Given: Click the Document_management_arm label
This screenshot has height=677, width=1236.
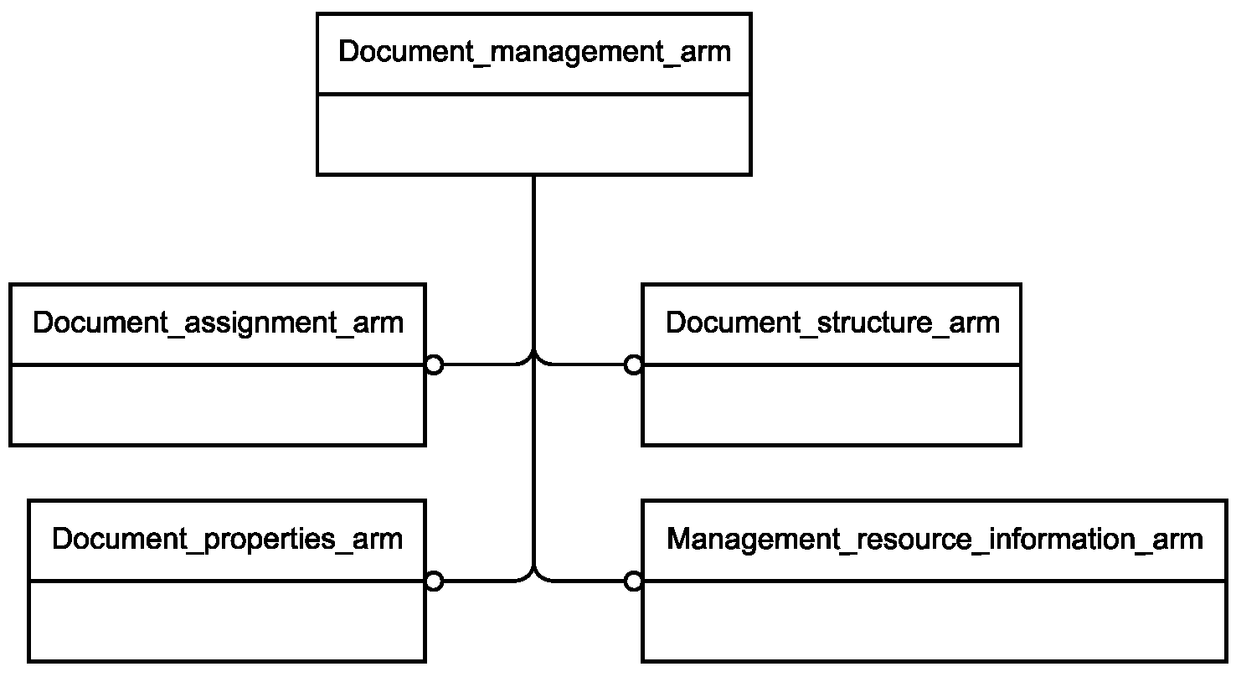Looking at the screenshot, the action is pyautogui.click(x=534, y=53).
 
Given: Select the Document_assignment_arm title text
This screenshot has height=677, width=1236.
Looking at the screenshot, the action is pyautogui.click(x=218, y=323).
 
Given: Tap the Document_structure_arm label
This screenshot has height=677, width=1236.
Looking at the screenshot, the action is pyautogui.click(x=832, y=323).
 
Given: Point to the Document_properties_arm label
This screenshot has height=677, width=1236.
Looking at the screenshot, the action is pyautogui.click(x=227, y=540).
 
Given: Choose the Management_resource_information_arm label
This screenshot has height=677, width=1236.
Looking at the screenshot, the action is pyautogui.click(x=935, y=540).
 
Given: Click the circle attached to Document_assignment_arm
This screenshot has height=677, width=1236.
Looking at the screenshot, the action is pyautogui.click(x=435, y=365).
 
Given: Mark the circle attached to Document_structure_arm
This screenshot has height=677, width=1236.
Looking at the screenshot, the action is pyautogui.click(x=633, y=365).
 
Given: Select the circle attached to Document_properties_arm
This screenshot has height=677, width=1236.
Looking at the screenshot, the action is pyautogui.click(x=435, y=581).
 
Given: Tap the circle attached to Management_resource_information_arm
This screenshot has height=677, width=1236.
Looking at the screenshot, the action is pyautogui.click(x=633, y=581).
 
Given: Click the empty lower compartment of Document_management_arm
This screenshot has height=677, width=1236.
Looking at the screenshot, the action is pyautogui.click(x=534, y=135).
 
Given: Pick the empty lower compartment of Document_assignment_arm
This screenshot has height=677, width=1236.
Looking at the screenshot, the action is pyautogui.click(x=218, y=405).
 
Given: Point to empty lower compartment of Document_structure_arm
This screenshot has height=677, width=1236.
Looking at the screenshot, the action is pyautogui.click(x=832, y=405).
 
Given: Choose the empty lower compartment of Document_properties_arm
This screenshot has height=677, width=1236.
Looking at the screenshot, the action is pyautogui.click(x=227, y=621).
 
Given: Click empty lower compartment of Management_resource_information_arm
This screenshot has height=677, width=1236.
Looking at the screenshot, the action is pyautogui.click(x=935, y=621).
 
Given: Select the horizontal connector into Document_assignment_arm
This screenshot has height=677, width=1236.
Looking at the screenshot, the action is pyautogui.click(x=483, y=364).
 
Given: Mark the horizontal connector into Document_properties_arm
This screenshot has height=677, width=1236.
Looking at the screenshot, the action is pyautogui.click(x=483, y=581).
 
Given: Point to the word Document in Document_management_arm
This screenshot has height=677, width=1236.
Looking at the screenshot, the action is pyautogui.click(x=405, y=51).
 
